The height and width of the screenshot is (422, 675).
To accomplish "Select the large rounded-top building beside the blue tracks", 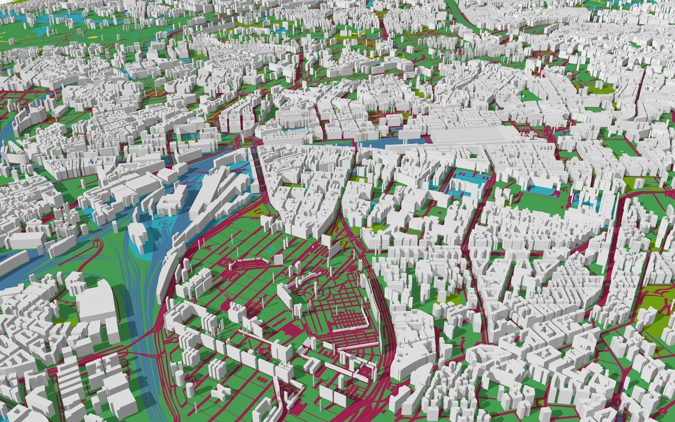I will coord(95,309).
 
